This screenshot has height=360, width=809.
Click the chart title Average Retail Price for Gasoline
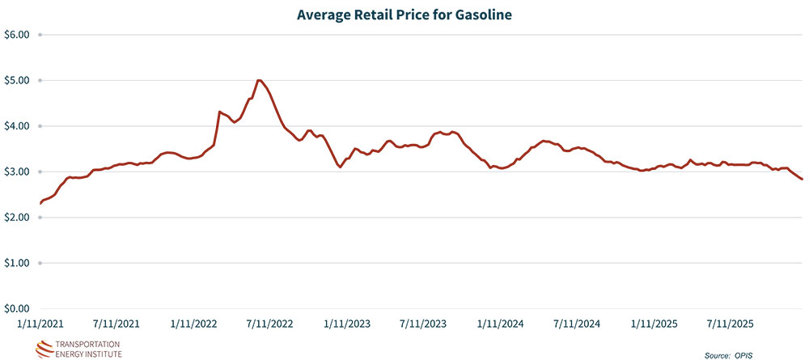(x=404, y=14)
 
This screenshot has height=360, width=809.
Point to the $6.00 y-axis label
(x=17, y=35)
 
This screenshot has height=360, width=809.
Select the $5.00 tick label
(x=17, y=81)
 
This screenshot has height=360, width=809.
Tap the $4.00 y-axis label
(x=17, y=126)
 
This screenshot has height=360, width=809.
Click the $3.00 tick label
(x=17, y=172)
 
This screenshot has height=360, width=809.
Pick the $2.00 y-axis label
(x=17, y=218)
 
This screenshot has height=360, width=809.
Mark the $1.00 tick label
(x=17, y=264)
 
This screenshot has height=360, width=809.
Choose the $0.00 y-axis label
(x=17, y=309)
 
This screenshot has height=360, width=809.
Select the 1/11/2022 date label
(x=193, y=324)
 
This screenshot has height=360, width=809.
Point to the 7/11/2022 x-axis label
(x=269, y=324)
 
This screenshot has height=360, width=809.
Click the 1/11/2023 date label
(x=347, y=324)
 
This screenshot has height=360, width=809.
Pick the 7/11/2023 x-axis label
(x=423, y=324)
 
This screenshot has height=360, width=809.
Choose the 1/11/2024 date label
(x=501, y=324)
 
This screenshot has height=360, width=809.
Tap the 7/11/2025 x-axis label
(x=731, y=324)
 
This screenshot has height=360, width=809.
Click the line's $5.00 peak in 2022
(x=259, y=80)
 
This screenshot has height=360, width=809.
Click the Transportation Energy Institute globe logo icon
(x=42, y=349)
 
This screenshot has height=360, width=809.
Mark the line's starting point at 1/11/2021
(x=40, y=203)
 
